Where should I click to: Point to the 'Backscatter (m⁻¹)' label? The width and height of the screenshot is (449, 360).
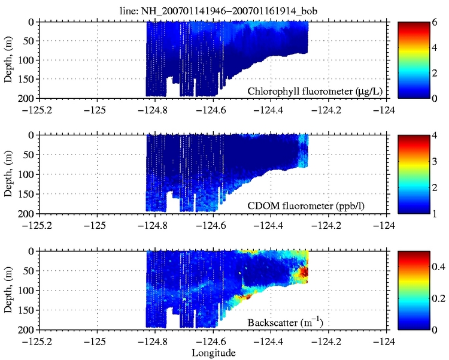(x=285, y=323)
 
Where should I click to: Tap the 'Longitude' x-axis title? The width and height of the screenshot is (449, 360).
(x=214, y=353)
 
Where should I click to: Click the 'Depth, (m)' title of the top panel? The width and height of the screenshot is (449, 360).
(x=8, y=59)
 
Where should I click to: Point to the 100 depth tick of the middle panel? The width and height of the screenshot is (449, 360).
(x=26, y=175)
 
